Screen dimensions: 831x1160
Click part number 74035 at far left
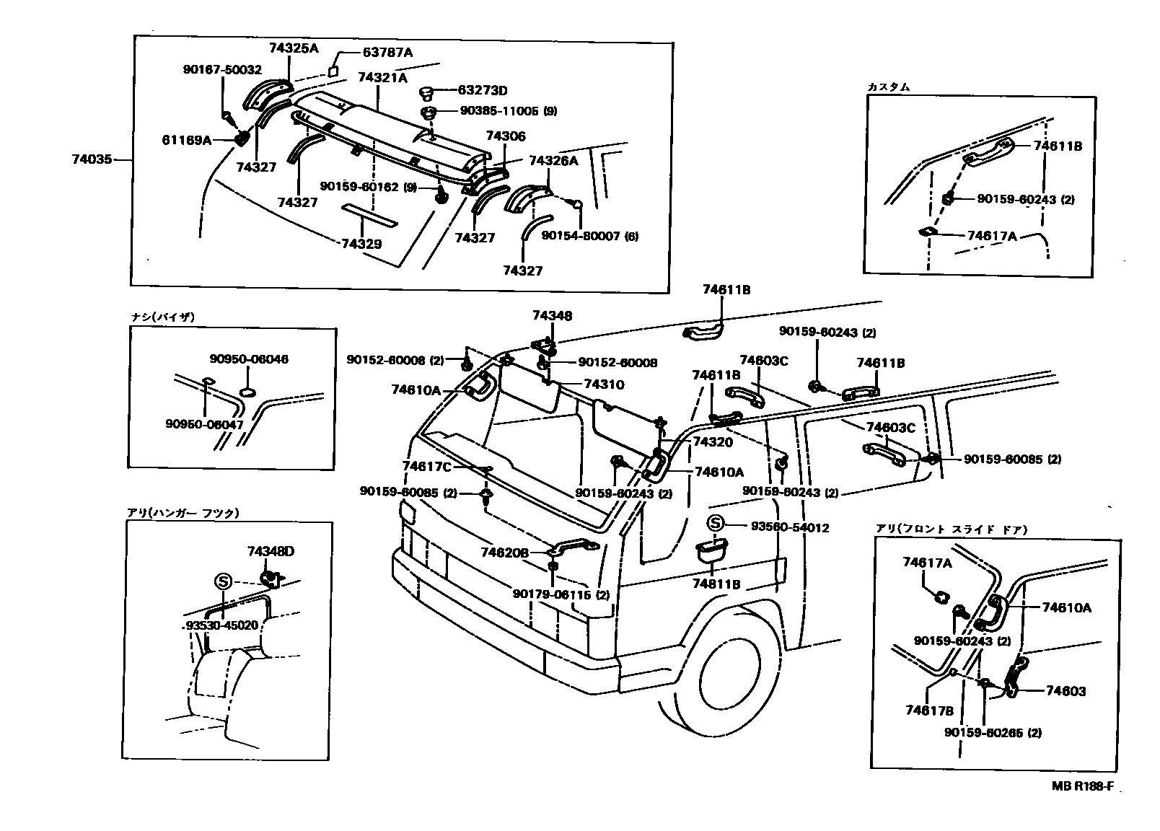92,159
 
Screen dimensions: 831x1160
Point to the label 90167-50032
221,70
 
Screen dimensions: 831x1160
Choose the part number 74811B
716,584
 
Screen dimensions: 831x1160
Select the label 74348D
271,551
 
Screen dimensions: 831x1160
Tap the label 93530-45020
221,625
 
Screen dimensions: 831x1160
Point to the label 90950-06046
249,359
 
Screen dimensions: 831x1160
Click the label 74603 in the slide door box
1065,691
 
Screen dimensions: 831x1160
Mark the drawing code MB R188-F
1087,787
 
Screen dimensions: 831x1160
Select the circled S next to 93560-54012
714,524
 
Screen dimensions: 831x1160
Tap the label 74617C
426,467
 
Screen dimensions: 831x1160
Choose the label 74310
604,384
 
